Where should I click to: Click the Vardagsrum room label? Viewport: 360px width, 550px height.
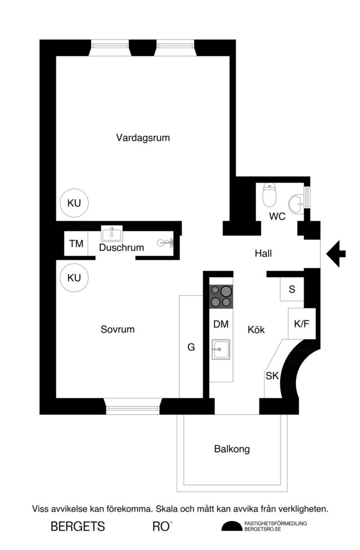point(143,137)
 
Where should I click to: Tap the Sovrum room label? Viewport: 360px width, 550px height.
point(118,329)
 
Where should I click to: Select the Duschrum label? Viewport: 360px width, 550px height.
point(121,248)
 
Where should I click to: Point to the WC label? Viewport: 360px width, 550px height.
point(277,217)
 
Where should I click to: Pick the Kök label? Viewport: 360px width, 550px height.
point(256,330)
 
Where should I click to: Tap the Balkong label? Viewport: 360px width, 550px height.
point(232,449)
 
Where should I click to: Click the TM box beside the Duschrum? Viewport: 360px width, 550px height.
point(76,244)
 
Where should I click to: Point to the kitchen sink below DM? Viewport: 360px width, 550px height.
point(220,350)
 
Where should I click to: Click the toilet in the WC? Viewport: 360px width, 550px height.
point(269,194)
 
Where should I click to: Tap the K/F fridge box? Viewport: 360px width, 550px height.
point(301,323)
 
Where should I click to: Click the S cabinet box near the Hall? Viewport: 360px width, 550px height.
point(292,290)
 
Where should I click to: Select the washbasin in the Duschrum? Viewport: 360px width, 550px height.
point(112,234)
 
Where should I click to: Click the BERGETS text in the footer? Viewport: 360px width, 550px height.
point(77,527)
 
